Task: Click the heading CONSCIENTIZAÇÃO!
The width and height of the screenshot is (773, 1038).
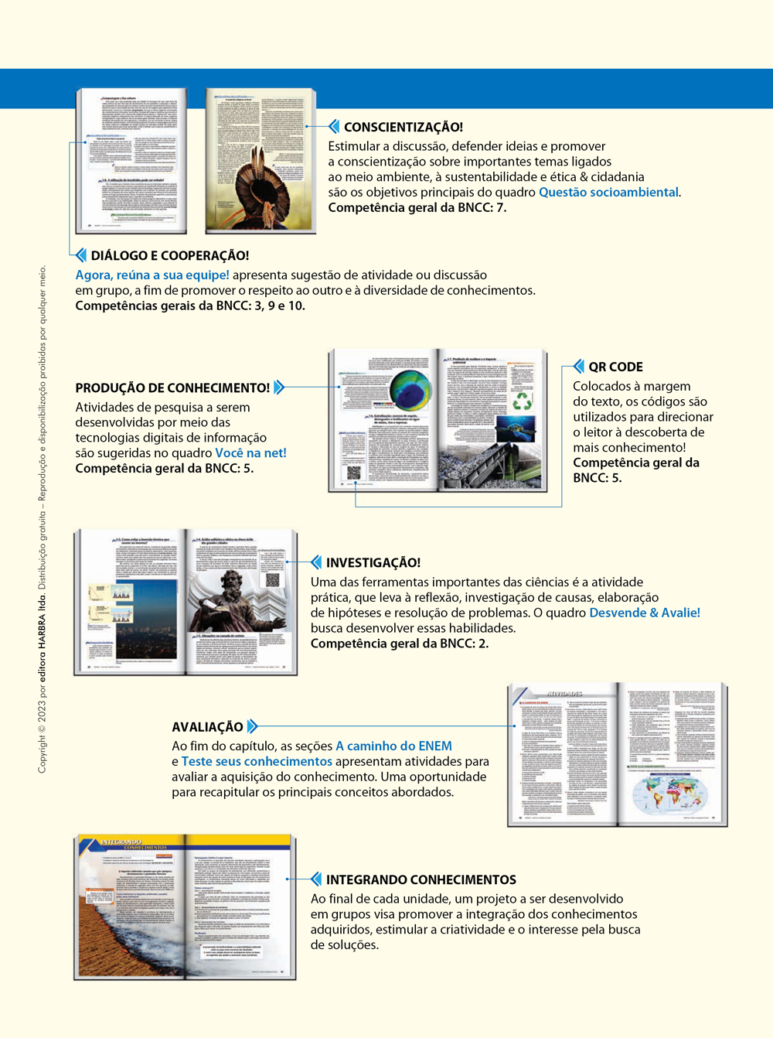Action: [x=403, y=127]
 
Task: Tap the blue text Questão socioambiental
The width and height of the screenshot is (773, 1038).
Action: [x=608, y=193]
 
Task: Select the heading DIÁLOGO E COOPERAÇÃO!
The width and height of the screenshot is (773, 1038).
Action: [x=169, y=255]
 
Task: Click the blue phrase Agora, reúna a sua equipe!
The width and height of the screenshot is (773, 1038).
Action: [x=152, y=275]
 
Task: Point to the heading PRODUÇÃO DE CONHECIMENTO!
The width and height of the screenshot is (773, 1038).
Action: [x=172, y=388]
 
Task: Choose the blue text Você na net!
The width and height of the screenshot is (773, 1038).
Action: [x=250, y=453]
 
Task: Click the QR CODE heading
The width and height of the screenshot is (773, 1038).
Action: [x=615, y=367]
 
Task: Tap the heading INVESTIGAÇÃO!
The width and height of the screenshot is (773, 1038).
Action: [x=373, y=562]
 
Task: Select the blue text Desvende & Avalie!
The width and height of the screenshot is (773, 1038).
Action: [x=645, y=613]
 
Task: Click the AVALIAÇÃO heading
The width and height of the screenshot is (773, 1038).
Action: [x=207, y=727]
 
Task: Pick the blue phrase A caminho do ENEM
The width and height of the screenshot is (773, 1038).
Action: [x=393, y=746]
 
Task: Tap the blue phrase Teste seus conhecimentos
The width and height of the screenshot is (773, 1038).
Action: [x=257, y=762]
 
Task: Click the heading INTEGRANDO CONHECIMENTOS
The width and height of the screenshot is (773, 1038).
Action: [x=421, y=879]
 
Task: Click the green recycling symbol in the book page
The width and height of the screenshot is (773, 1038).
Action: [x=523, y=401]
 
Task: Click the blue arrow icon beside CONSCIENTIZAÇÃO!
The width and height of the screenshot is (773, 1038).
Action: [x=334, y=127]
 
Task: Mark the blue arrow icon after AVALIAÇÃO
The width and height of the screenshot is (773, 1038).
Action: [x=252, y=727]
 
